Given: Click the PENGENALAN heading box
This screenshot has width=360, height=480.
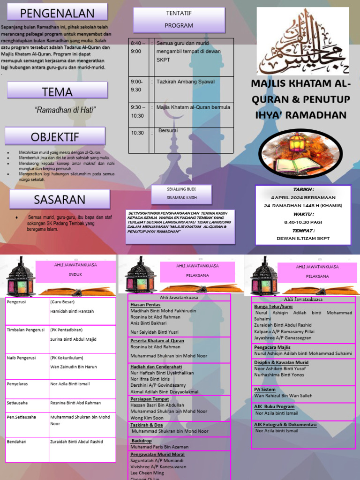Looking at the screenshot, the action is pos(57,13).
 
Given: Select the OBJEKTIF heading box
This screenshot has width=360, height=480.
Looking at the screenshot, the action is pos(55,136).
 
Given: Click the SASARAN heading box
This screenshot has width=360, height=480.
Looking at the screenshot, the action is pos(60,199).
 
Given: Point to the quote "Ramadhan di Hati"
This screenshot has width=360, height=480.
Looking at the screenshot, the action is pos(65,110).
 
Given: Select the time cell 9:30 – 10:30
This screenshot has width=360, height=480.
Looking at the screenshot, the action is pos(138,111).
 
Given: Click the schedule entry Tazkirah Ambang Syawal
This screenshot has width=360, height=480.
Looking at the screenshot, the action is pos(186,82).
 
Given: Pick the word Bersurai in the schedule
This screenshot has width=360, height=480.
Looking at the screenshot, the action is pos(168,130).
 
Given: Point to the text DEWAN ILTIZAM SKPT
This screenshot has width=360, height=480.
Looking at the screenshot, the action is pos(303,238).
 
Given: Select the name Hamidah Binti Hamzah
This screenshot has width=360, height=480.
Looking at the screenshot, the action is pos(72,311).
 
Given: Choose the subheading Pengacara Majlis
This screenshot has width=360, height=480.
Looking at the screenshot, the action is pos(272,347).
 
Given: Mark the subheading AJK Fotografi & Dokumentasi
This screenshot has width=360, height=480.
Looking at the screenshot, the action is pos(285,425).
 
